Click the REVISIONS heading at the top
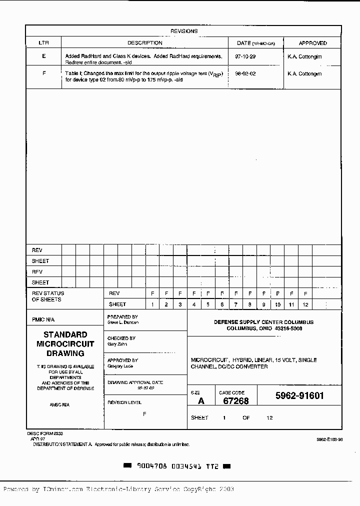pyautogui.click(x=183, y=31)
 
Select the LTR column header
pyautogui.click(x=43, y=43)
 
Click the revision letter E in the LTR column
pyautogui.click(x=44, y=56)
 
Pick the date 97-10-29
pyautogui.click(x=245, y=56)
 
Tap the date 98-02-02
pyautogui.click(x=245, y=73)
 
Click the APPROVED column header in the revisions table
pyautogui.click(x=312, y=43)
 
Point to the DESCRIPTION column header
pyautogui.click(x=145, y=43)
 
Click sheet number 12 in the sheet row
pyautogui.click(x=305, y=304)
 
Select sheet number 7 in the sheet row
pyautogui.click(x=236, y=304)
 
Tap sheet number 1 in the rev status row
pyautogui.click(x=152, y=304)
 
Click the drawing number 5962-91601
pyautogui.click(x=299, y=396)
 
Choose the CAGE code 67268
pyautogui.click(x=235, y=401)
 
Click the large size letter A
pyautogui.click(x=201, y=401)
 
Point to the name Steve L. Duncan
pyautogui.click(x=123, y=322)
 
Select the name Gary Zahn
pyautogui.click(x=117, y=344)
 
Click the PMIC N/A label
pyautogui.click(x=43, y=319)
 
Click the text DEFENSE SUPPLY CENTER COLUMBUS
pyautogui.click(x=263, y=322)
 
